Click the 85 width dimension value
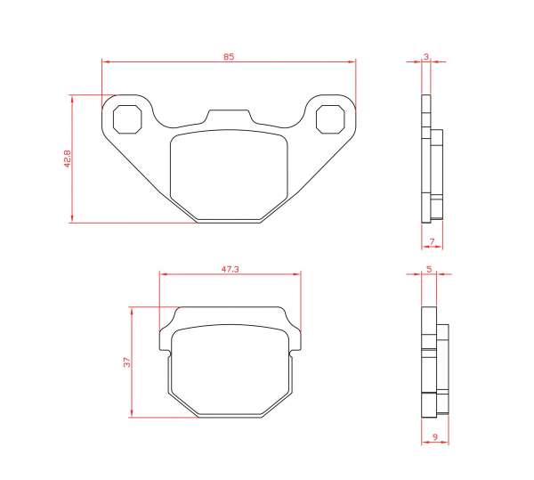pyautogui.click(x=229, y=57)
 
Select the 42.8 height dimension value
pyautogui.click(x=67, y=159)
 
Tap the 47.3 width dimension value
pyautogui.click(x=231, y=269)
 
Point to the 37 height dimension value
pyautogui.click(x=126, y=362)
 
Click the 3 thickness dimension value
pyautogui.click(x=426, y=57)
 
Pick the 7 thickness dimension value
pyautogui.click(x=433, y=241)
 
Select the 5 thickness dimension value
pyautogui.click(x=429, y=269)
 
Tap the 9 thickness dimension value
pyautogui.click(x=435, y=436)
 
